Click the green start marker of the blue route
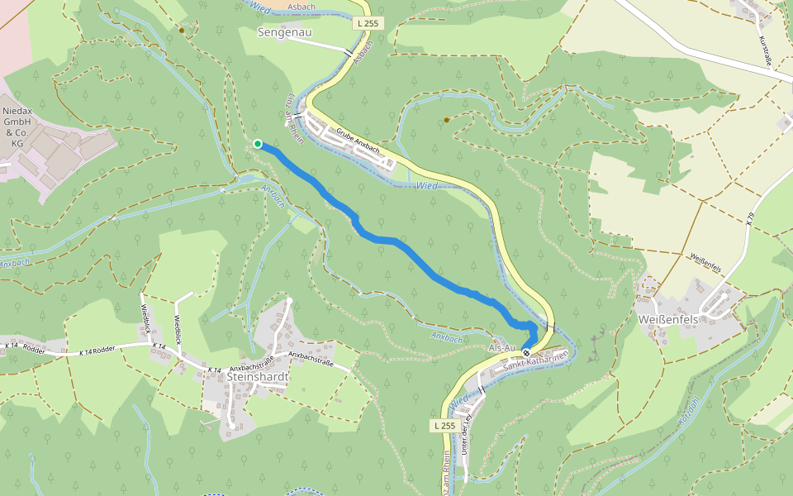[258, 144]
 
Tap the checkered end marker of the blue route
[527, 353]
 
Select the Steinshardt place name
[257, 376]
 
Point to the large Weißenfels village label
[669, 319]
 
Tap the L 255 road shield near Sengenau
[368, 24]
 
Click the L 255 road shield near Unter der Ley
[444, 425]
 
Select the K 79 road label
[750, 220]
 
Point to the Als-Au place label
[502, 347]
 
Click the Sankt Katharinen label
[535, 359]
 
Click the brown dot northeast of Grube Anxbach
[447, 120]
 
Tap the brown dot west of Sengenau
[182, 30]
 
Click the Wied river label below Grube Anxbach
[427, 187]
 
